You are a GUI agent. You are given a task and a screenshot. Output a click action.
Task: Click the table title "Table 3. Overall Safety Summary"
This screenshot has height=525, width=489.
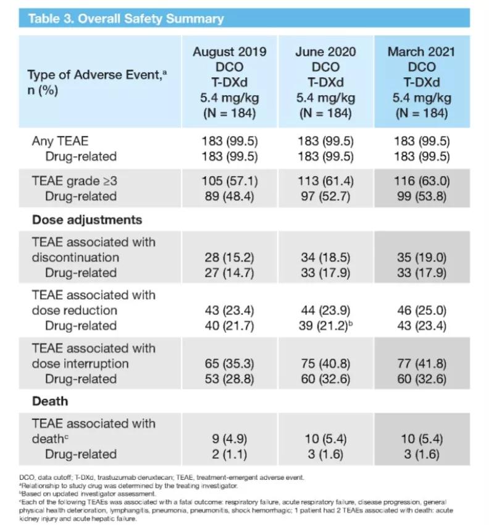click(x=126, y=18)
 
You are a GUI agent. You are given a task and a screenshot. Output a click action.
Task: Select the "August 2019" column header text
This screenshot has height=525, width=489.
click(x=230, y=51)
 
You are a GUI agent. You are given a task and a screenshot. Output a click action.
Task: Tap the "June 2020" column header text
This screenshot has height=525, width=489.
click(x=325, y=51)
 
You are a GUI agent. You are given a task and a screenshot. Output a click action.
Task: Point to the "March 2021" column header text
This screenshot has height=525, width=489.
click(x=422, y=51)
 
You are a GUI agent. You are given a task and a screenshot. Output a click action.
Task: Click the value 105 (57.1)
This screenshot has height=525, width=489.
click(x=229, y=181)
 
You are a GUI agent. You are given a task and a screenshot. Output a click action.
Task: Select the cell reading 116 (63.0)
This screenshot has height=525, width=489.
click(x=422, y=181)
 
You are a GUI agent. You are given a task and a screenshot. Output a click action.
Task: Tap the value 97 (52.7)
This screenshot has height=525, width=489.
click(x=325, y=196)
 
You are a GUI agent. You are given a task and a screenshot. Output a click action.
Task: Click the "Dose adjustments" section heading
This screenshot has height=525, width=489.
click(x=87, y=220)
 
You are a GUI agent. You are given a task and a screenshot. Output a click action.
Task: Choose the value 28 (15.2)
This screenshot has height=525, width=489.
click(x=229, y=257)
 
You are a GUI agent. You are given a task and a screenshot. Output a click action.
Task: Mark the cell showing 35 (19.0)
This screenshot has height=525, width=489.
click(x=422, y=257)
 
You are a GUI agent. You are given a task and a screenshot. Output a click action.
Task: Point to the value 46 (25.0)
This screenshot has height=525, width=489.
click(x=422, y=310)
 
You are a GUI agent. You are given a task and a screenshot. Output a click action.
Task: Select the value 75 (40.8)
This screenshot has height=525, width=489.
click(x=325, y=363)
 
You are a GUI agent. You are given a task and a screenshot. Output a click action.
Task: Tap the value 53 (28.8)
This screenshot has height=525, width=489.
click(x=229, y=379)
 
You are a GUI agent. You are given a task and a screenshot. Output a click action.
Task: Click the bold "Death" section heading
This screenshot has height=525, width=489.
click(x=50, y=401)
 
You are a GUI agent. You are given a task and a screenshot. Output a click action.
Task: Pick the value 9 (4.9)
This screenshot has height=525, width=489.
click(x=229, y=439)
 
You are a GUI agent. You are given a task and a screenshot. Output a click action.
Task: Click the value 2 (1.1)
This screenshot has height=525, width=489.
click(x=229, y=454)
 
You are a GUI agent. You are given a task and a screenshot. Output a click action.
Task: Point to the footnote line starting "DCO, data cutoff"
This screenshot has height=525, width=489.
click(x=166, y=477)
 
